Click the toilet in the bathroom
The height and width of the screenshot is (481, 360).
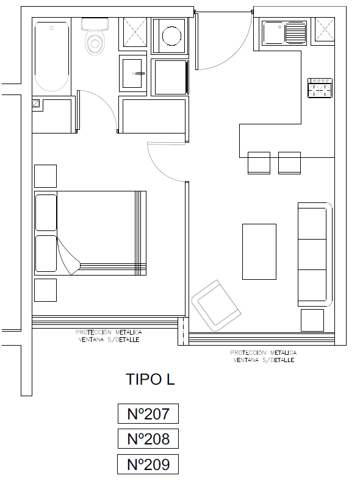click(x=95, y=36)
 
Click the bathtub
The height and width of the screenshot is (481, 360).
click(x=52, y=56)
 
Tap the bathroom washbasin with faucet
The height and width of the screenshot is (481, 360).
click(x=133, y=73)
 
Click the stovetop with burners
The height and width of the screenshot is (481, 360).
click(x=320, y=88)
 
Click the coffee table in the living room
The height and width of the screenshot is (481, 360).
click(x=259, y=252)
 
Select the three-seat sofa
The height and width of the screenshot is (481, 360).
click(x=315, y=254)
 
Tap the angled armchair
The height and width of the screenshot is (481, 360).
click(x=216, y=305)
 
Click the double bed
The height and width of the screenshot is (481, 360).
click(x=90, y=233)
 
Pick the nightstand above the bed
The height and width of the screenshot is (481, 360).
click(x=45, y=176)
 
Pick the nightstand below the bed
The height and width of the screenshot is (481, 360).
click(x=45, y=290)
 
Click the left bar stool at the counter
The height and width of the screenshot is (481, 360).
click(x=259, y=163)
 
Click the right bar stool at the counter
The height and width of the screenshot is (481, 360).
click(x=289, y=163)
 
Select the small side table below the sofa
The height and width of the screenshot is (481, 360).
click(x=312, y=320)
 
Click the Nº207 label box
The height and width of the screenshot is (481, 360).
click(x=148, y=413)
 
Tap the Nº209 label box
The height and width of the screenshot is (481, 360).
click(x=148, y=464)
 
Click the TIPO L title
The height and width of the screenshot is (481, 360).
click(x=150, y=379)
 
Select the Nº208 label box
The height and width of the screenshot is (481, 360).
click(x=148, y=439)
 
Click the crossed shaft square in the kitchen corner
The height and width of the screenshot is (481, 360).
click(x=325, y=29)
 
